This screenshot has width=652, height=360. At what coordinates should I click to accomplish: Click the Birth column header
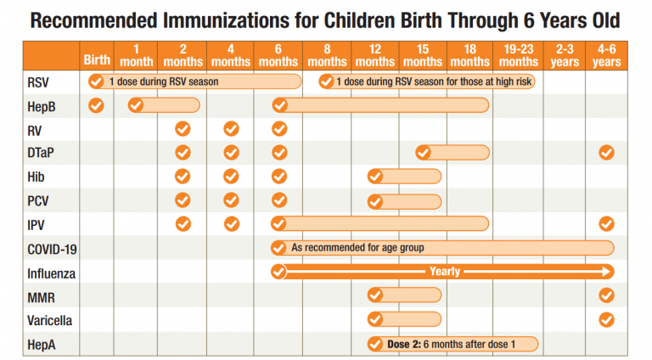point(96,61)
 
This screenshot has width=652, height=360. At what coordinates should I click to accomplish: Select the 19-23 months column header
point(519,56)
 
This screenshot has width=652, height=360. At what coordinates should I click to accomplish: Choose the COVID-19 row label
point(53,248)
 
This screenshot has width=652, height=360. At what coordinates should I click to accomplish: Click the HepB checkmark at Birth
point(96,105)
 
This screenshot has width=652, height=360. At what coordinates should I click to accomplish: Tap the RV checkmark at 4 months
point(231,129)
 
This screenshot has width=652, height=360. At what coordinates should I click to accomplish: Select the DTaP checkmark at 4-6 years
point(606,153)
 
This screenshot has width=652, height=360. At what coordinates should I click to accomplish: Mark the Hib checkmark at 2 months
point(183,177)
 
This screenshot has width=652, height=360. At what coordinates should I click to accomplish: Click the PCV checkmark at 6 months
point(278,200)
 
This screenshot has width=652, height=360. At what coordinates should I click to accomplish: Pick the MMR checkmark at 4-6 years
point(606,295)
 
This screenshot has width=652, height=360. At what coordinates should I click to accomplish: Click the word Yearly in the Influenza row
point(445,272)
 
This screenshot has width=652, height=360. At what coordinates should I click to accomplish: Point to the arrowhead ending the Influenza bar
point(606,272)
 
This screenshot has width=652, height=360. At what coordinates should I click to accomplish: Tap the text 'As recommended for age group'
point(357,248)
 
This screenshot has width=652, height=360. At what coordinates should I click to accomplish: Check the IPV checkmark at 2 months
point(183,224)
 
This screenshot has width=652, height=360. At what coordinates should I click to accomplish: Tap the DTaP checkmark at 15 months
point(423,153)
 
